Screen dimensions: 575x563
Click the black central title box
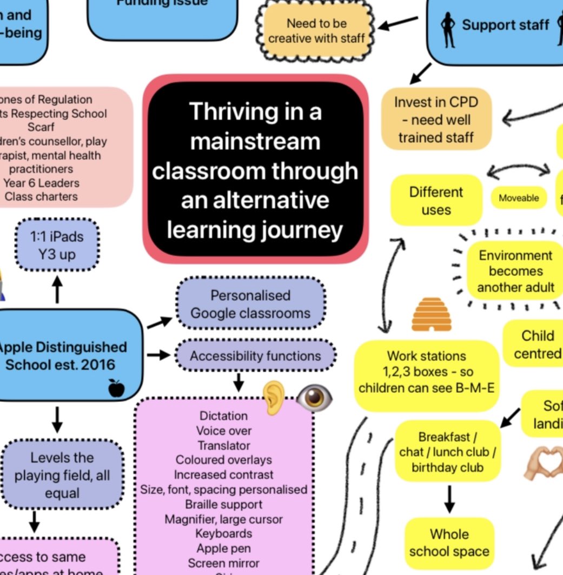[x=255, y=170]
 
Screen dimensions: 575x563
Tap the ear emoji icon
[x=274, y=397]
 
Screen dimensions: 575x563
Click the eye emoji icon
[x=314, y=398]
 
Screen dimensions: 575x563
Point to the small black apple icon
[x=116, y=387]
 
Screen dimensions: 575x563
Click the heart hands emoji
[x=543, y=465]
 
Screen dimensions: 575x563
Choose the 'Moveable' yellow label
[x=518, y=198]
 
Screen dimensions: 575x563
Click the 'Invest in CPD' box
[x=436, y=120]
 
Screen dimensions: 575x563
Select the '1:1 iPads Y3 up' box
[x=57, y=245]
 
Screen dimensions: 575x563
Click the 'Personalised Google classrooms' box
[x=250, y=305]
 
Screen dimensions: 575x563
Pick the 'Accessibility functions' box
[x=255, y=356]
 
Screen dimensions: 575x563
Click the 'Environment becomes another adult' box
[x=515, y=271]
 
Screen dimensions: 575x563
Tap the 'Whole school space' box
[x=449, y=543]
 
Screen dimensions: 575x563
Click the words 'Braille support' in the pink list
[x=224, y=504]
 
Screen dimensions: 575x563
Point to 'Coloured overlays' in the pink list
[x=224, y=460]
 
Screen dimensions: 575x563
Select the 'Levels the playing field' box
[x=62, y=475]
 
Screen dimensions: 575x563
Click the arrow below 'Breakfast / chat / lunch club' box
[x=449, y=499]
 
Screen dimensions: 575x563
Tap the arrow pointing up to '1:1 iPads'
[x=57, y=290]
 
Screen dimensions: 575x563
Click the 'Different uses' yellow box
[x=436, y=201]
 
